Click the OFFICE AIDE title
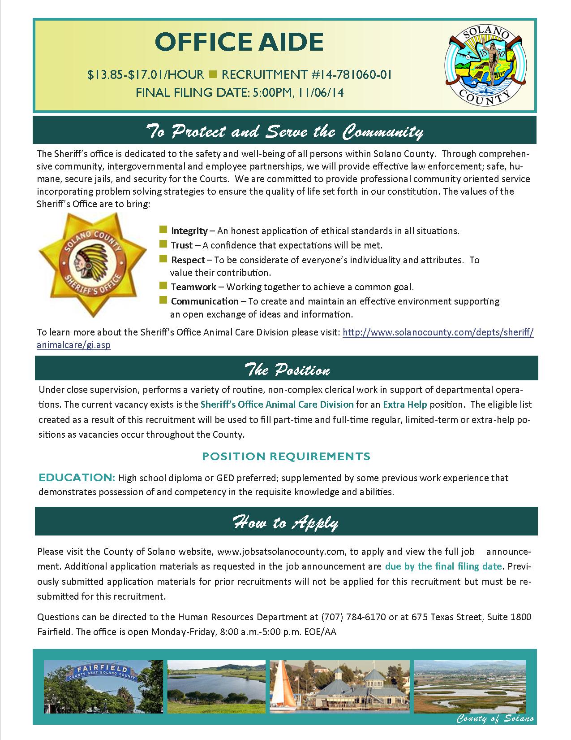pos(239,43)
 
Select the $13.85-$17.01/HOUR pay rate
pos(146,74)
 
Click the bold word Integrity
pos(189,231)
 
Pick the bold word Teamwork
pos(193,287)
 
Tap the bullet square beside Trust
pos(163,245)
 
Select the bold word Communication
pos(205,301)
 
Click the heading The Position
pos(287,370)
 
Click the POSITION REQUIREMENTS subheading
pos(286,457)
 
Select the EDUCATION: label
pos(77,478)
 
